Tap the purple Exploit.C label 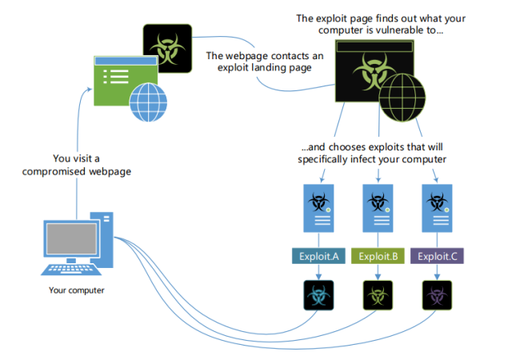(x=438, y=256)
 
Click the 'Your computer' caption (x=78, y=290)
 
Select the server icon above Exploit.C (x=438, y=209)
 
